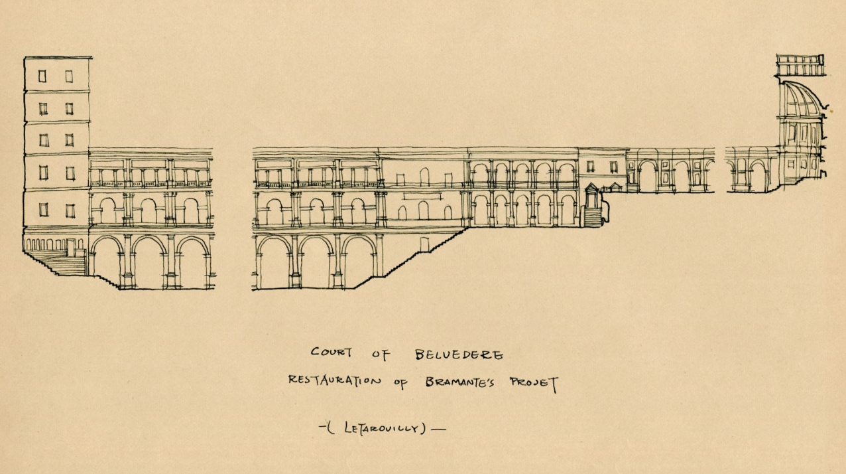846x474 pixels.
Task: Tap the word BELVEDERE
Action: coord(459,355)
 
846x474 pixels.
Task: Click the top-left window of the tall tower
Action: coord(42,76)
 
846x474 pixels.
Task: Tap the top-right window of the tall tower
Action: coord(69,76)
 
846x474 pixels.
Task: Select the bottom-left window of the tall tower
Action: coord(43,209)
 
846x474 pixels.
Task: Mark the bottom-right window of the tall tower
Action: coord(69,209)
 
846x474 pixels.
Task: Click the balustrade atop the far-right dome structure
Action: coord(800,66)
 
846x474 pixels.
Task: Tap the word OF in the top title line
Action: coord(380,354)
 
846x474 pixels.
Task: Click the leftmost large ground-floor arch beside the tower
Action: coord(107,262)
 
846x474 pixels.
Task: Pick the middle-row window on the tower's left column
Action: coord(43,140)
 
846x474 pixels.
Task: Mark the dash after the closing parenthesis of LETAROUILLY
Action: coord(438,429)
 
